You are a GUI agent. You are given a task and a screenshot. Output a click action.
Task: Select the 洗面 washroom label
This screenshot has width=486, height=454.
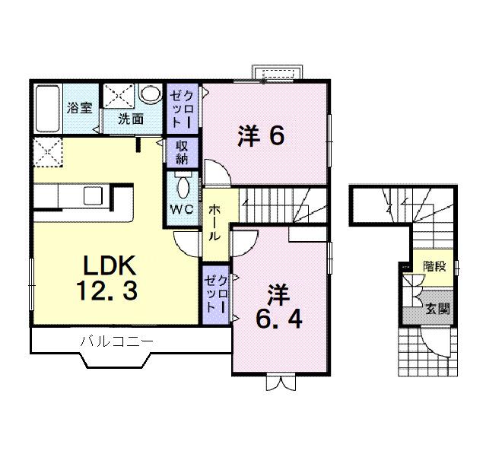[x=131, y=119]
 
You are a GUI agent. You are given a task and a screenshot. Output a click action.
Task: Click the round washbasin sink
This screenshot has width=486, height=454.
[x=151, y=95]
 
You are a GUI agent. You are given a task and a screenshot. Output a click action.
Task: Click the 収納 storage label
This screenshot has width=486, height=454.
[x=183, y=152]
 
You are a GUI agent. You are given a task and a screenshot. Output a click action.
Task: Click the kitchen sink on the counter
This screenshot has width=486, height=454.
[x=93, y=195]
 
